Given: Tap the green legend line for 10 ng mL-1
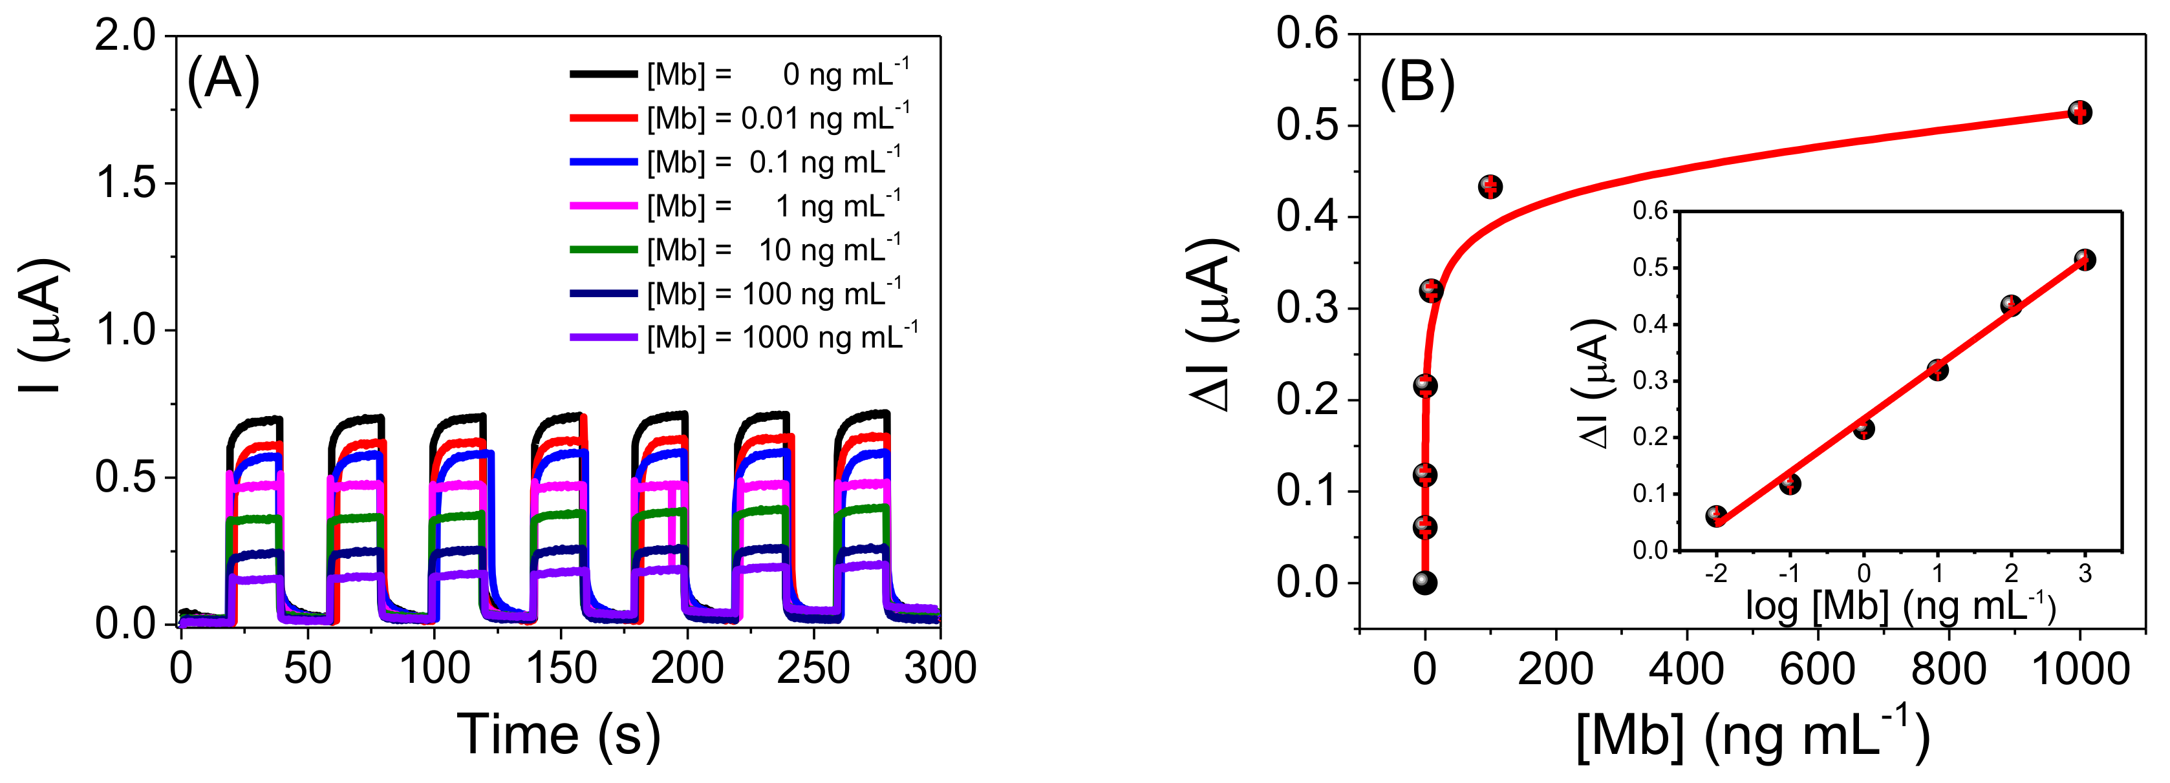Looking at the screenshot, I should (x=603, y=250).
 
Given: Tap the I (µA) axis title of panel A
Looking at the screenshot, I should (x=42, y=327).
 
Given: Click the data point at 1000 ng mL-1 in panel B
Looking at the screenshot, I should (x=2080, y=112).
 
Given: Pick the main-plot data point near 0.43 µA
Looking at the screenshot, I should (x=1490, y=187).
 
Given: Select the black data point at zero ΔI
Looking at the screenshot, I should (x=1424, y=583).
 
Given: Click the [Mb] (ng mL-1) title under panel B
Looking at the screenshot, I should (x=1752, y=735).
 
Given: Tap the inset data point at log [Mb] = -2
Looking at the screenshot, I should (x=1716, y=516).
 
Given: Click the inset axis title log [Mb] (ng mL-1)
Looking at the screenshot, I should (x=1900, y=606).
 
